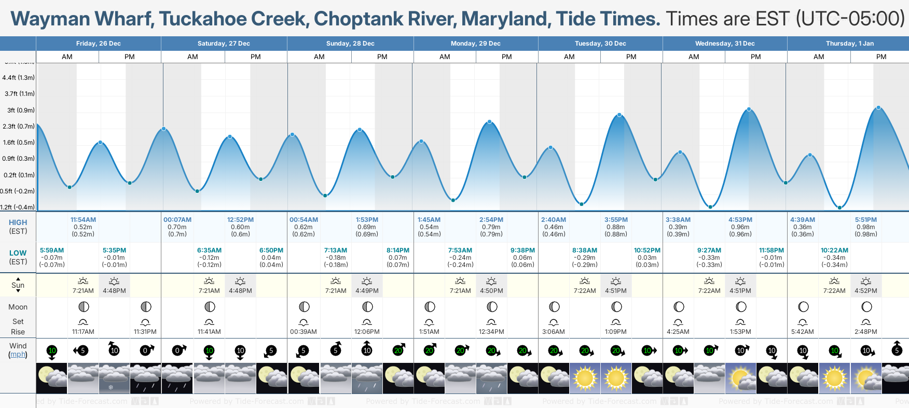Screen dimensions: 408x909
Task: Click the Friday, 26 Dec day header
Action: click(x=98, y=44)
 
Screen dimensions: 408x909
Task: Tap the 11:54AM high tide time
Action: click(x=83, y=220)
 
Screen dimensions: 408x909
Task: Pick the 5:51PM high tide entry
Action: click(x=865, y=220)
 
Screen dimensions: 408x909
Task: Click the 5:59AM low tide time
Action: click(x=52, y=250)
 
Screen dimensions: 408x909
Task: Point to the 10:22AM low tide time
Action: click(x=834, y=250)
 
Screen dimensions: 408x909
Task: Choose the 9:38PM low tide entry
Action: click(x=522, y=250)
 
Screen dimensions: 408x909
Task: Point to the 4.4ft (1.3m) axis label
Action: click(x=18, y=78)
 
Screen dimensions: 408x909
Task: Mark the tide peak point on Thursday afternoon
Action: click(x=878, y=108)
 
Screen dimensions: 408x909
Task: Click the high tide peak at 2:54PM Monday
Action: click(x=489, y=122)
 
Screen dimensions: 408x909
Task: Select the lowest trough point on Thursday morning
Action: click(x=839, y=207)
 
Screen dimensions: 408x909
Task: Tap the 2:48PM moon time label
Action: click(x=865, y=332)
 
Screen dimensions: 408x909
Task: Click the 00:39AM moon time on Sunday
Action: click(x=304, y=332)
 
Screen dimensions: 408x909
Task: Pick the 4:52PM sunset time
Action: click(x=865, y=291)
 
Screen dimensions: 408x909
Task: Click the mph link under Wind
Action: click(x=18, y=355)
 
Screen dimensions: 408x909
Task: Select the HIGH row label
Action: click(x=18, y=222)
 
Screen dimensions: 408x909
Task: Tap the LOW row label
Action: click(x=18, y=253)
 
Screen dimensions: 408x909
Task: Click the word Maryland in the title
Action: click(x=505, y=19)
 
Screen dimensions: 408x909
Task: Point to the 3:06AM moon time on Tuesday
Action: click(x=554, y=332)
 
